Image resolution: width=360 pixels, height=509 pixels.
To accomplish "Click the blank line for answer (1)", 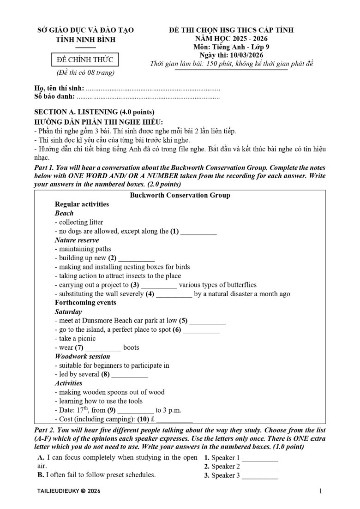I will pos(198,232).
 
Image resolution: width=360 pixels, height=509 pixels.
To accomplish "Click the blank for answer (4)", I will pos(174,294).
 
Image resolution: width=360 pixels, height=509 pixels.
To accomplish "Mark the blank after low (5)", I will pos(208,321).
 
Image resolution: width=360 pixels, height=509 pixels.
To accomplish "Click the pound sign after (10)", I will pos(152,419).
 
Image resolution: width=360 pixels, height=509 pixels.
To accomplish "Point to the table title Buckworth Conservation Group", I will pos(180,196).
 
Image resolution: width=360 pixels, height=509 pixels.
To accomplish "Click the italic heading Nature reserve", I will pos(77,240).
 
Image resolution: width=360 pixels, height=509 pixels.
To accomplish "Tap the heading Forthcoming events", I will pos(85,303).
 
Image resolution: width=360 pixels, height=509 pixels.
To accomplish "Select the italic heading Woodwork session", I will pos(82,357).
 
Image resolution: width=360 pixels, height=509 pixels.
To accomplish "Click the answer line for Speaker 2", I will pos(260,467).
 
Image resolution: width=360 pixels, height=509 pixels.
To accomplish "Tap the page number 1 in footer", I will pos(320,491).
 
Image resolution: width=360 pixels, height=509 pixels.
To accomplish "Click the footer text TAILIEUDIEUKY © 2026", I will pos(67,492).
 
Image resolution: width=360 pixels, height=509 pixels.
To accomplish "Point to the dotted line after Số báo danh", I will pos(148,98).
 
